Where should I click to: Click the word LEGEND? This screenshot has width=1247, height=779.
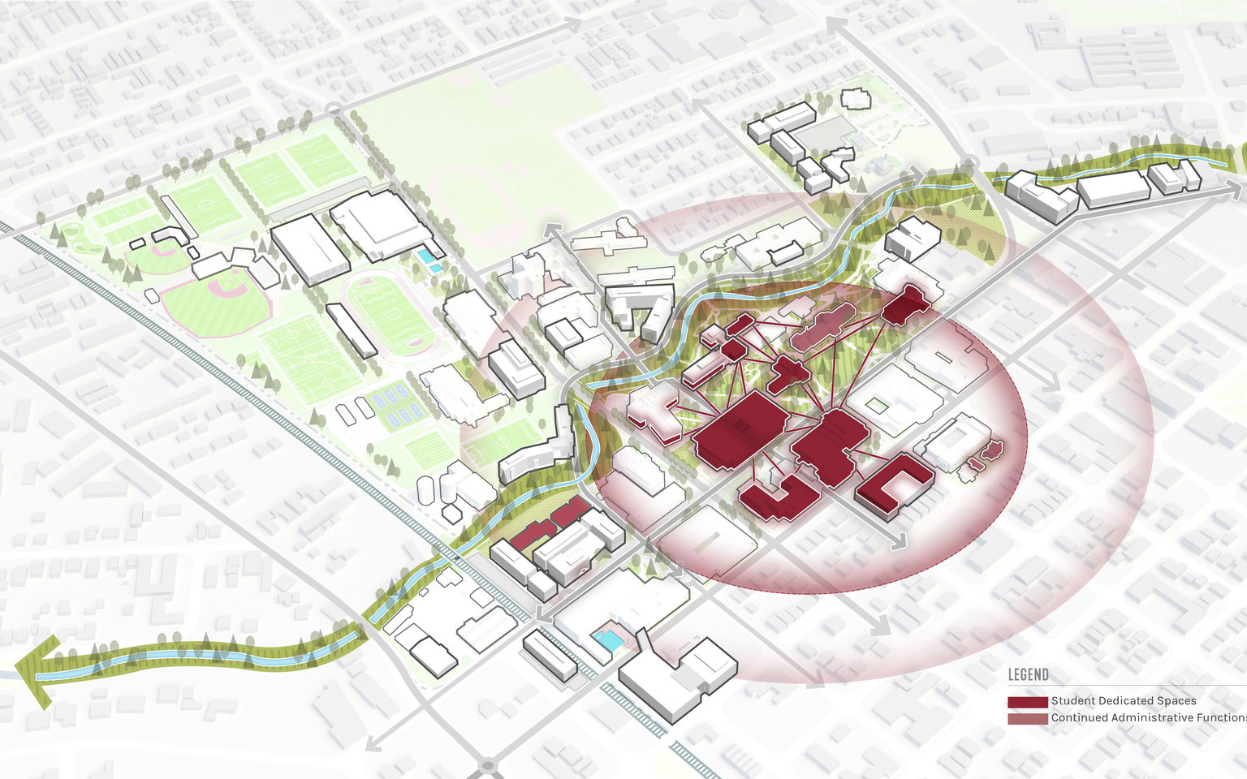(1028, 675)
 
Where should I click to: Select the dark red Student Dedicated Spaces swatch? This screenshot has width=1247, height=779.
(1027, 702)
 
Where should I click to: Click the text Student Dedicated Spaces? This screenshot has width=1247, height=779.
(1124, 701)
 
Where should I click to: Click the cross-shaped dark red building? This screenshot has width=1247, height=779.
(785, 373)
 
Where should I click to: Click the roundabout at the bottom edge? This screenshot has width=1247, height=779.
(487, 765)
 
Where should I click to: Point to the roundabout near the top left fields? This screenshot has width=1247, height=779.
(332, 109)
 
